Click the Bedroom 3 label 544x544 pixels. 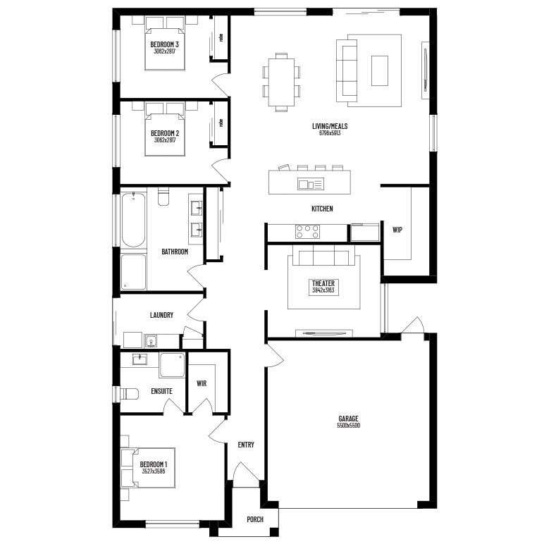[164, 44]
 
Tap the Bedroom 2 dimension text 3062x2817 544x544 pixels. [164, 140]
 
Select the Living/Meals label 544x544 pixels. [330, 126]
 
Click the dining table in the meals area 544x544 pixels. [281, 81]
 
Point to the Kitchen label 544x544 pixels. [322, 209]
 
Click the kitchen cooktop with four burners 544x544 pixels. [307, 232]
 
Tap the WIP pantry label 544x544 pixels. [397, 230]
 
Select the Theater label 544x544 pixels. [323, 283]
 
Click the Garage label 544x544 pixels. [349, 419]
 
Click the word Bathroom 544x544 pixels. [175, 252]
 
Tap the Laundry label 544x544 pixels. [161, 315]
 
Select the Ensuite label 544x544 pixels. [161, 391]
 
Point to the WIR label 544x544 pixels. [202, 384]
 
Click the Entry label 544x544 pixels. [246, 445]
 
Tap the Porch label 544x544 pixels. [255, 519]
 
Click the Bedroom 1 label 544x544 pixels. [153, 464]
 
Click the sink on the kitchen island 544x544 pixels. [306, 184]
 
